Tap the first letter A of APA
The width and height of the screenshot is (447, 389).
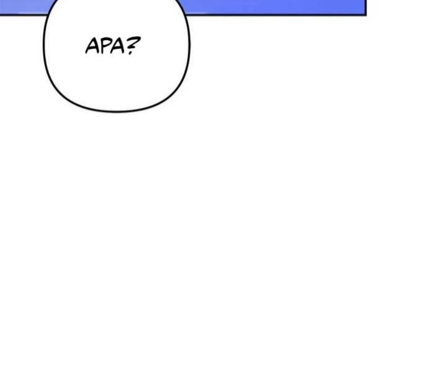click(x=92, y=45)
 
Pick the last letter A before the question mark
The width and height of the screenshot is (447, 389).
click(x=117, y=45)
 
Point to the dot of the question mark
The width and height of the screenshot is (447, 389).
click(x=130, y=53)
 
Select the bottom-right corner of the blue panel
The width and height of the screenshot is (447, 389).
click(x=366, y=15)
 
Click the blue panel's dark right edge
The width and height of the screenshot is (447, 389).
click(x=366, y=7)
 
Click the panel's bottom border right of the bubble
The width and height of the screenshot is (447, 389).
click(x=276, y=15)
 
